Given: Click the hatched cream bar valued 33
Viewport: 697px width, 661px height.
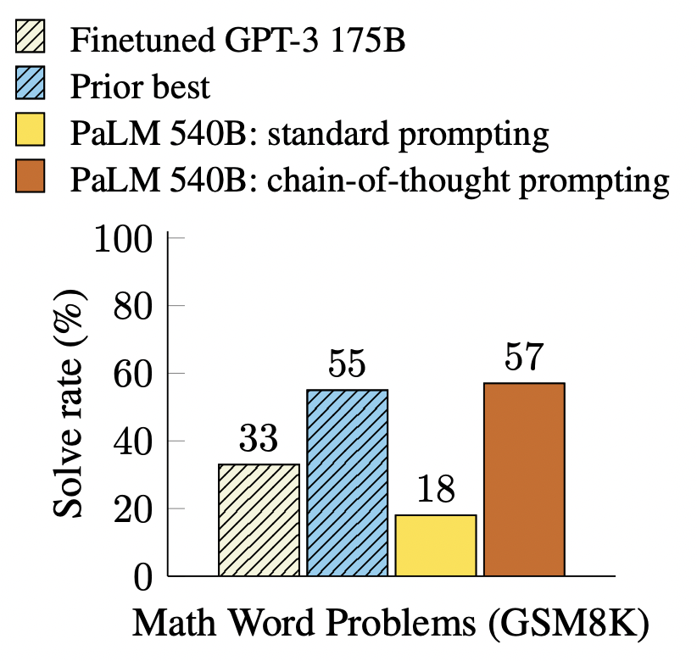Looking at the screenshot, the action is tap(259, 519).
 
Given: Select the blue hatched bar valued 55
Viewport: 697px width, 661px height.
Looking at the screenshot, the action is tap(347, 482).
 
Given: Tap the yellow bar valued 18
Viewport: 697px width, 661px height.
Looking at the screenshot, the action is tap(435, 545).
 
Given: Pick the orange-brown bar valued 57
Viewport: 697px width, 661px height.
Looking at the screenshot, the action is tap(524, 479).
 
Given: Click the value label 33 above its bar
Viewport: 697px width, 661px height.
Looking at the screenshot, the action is tap(259, 440).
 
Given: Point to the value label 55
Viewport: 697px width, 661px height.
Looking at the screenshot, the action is tap(347, 364).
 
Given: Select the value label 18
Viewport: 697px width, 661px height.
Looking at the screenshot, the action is tap(435, 490).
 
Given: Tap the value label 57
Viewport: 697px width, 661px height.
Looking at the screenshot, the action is tap(524, 358).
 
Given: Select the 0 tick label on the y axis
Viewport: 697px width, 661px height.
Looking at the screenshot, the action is tap(141, 577).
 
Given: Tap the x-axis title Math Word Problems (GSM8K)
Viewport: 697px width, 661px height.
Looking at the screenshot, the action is tap(391, 625).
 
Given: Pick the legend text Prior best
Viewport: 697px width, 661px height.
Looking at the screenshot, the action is tap(140, 87).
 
